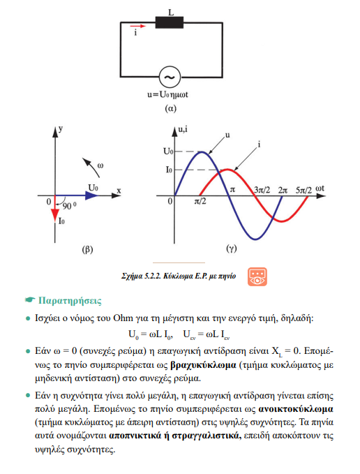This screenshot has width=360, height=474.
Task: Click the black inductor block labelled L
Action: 170,22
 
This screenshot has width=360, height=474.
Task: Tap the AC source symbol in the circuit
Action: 170,77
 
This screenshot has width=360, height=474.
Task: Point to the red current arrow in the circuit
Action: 138,27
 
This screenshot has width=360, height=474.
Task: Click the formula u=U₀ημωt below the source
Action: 167,95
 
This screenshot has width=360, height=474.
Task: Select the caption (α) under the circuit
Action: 171,108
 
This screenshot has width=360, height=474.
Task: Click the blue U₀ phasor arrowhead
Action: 92,195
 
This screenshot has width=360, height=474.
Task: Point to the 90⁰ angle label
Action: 70,205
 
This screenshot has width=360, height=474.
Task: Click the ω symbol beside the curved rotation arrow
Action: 100,165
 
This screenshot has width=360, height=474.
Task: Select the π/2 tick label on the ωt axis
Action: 200,201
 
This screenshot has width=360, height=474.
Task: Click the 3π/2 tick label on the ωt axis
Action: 262,190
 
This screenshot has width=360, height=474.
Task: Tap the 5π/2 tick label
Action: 303,190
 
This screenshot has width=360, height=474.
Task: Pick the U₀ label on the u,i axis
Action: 168,151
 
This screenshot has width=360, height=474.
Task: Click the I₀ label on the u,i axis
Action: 169,170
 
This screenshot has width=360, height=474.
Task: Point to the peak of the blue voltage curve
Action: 202,151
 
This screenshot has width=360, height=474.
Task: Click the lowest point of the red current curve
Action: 282,221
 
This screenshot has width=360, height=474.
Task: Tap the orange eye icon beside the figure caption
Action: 257,276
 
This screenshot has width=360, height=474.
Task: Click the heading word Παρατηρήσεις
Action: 70,301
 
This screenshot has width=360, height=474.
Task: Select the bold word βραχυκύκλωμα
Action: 203,365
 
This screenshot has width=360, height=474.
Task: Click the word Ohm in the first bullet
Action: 123,318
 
